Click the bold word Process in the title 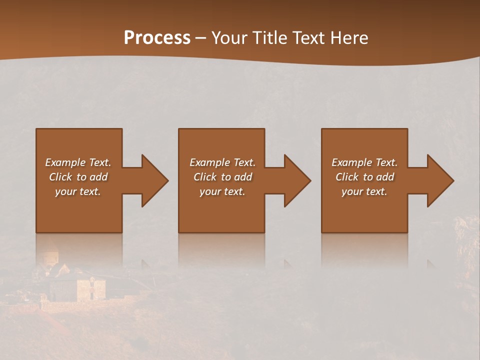click(x=157, y=38)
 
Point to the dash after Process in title click(x=200, y=38)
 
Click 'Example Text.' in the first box click(x=78, y=162)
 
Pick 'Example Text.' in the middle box click(x=222, y=162)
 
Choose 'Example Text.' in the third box click(x=364, y=162)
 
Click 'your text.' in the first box click(x=78, y=191)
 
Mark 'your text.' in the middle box click(x=222, y=191)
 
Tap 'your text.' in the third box click(x=364, y=191)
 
